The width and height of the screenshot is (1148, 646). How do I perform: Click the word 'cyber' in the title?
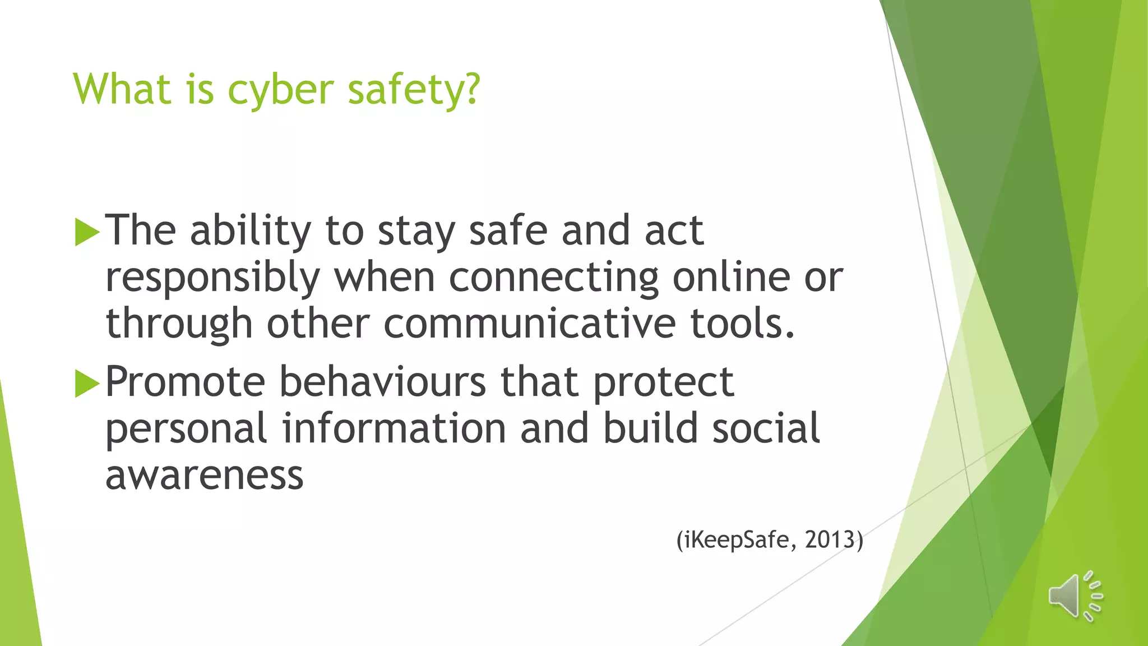(280, 90)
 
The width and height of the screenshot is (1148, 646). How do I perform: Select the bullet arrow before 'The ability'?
(87, 232)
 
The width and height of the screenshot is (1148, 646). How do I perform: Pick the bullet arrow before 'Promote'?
(87, 383)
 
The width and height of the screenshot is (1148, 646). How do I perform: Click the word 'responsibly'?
(212, 278)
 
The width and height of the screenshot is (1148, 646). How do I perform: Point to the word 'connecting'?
(553, 278)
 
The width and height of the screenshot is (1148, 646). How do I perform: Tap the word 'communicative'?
(529, 324)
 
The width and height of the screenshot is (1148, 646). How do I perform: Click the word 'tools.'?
(742, 324)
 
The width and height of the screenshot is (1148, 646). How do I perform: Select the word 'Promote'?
(185, 382)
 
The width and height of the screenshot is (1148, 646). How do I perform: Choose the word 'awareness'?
(205, 476)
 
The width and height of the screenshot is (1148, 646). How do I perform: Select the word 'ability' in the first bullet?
(250, 232)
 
